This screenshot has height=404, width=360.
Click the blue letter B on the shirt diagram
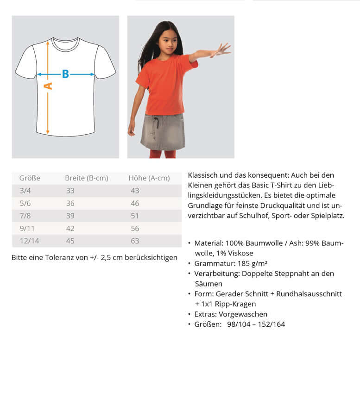pos(65,74)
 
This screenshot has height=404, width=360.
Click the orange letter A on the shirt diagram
pos(48,86)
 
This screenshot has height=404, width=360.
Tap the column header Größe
pos(30,178)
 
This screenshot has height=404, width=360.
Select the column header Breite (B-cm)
pos(86,178)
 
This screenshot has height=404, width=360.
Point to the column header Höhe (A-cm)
pos(149,178)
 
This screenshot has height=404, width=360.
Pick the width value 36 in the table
pos(70,203)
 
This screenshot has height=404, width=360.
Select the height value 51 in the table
pos(135,216)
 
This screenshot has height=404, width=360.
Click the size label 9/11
pos(26,228)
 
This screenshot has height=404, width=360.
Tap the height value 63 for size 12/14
pos(135,241)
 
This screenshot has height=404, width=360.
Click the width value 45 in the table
pos(70,241)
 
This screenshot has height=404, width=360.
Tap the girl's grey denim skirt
pos(163,131)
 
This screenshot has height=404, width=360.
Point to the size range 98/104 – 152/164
pos(256,324)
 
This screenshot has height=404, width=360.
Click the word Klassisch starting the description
pos(203,175)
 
